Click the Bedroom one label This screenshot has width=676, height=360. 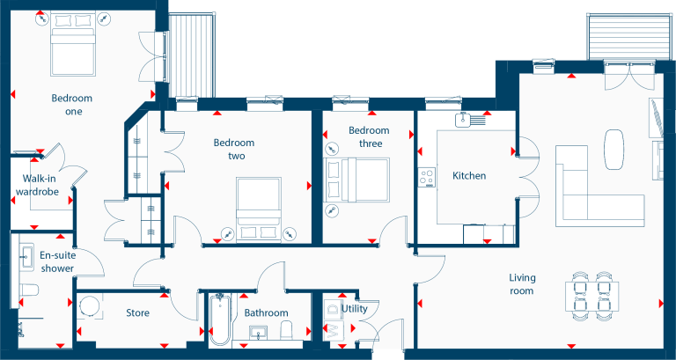click(x=72, y=105)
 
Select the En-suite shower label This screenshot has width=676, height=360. click(x=57, y=261)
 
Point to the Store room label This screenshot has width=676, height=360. click(x=138, y=312)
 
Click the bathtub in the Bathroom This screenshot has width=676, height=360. click(x=220, y=319)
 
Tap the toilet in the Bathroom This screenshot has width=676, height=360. click(x=287, y=330)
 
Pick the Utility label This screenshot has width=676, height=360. click(x=355, y=309)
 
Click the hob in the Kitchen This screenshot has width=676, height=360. click(x=427, y=177)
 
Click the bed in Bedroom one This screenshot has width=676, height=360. click(x=72, y=44)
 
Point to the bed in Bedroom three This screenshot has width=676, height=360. click(x=357, y=180)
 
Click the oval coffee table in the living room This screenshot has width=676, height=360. click(x=614, y=150)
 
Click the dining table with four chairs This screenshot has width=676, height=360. click(x=591, y=296)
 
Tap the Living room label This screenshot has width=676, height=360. click(x=522, y=284)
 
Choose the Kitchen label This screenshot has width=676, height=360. click(x=469, y=175)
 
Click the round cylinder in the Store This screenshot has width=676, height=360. click(x=90, y=306)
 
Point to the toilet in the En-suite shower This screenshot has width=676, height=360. click(x=28, y=290)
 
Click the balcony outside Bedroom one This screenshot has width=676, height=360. click(x=191, y=56)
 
